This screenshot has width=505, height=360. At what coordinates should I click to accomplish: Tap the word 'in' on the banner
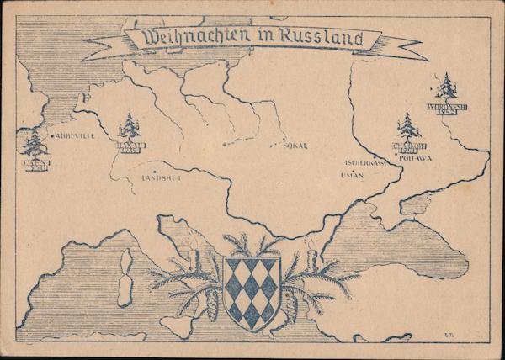pyautogui.click(x=263, y=38)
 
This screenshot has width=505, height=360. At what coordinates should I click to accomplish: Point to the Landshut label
pyautogui.click(x=162, y=177)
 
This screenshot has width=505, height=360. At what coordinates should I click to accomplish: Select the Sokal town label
pyautogui.click(x=294, y=146)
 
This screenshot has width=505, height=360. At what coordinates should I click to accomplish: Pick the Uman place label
pyautogui.click(x=351, y=176)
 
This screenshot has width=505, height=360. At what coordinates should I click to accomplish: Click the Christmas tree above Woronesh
pyautogui.click(x=447, y=88)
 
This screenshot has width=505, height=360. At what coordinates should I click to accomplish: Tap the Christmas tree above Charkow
pyautogui.click(x=408, y=127)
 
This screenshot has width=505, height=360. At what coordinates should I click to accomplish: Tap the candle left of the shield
pyautogui.click(x=194, y=251)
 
